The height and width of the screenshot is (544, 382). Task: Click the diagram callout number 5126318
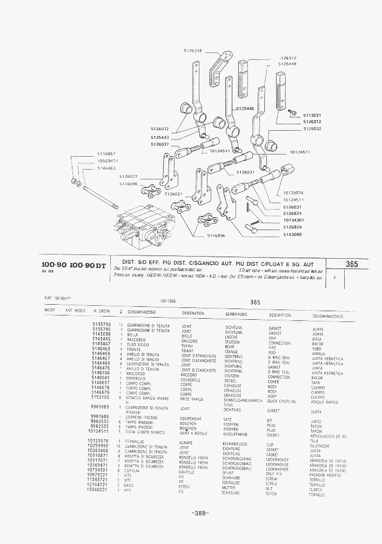click(x=193, y=51)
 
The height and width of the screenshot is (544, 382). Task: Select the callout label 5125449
click(x=287, y=64)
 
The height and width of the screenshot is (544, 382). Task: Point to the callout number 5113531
click(x=312, y=115)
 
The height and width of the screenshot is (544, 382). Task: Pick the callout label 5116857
click(x=107, y=154)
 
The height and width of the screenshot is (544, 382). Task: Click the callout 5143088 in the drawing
click(x=293, y=234)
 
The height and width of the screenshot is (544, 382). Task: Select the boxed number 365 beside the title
click(x=352, y=264)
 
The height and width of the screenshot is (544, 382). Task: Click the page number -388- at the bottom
click(x=199, y=513)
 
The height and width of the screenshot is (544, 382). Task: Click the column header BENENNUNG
click(x=236, y=313)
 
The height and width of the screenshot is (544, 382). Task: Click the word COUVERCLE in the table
click(x=191, y=380)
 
